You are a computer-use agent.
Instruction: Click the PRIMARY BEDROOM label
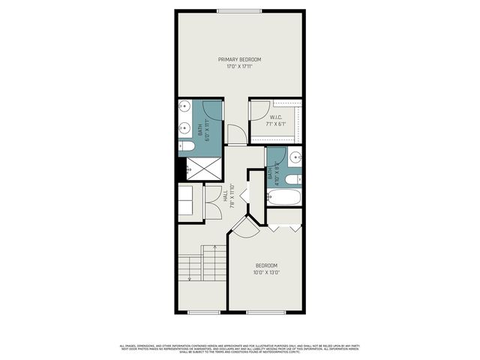240,59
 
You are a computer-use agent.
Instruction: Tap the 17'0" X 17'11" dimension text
240,67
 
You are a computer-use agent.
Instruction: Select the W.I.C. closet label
276,117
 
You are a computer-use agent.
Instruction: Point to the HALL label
225,196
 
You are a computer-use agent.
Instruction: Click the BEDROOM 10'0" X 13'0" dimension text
266,273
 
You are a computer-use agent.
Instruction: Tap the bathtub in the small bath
284,199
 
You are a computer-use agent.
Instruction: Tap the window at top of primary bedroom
240,10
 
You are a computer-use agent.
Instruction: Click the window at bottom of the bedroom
266,312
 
